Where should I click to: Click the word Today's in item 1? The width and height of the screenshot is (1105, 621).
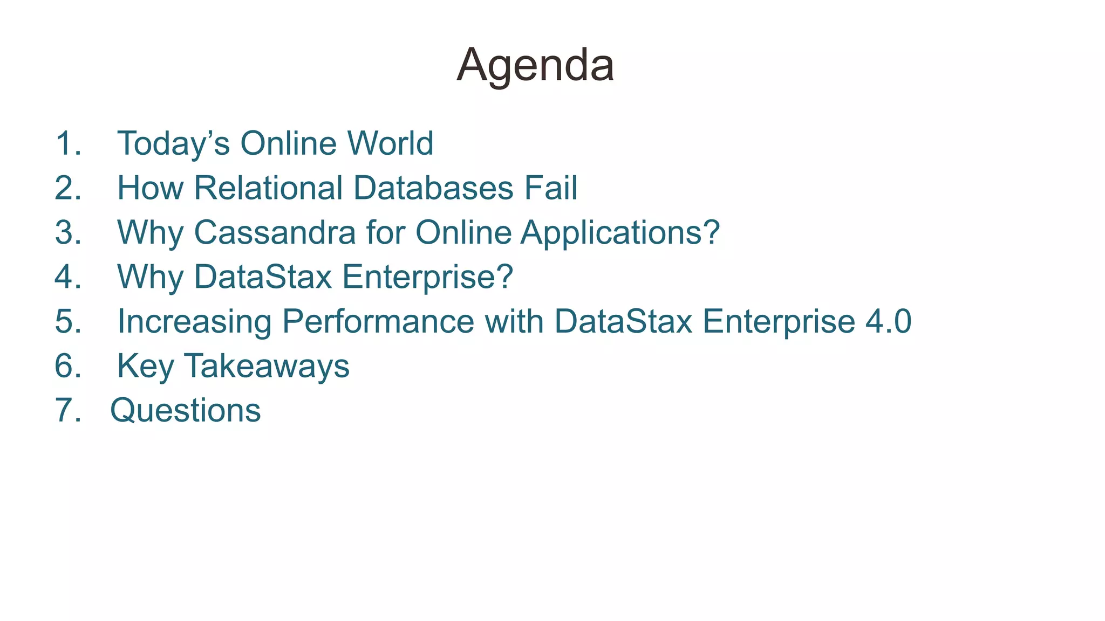pos(173,144)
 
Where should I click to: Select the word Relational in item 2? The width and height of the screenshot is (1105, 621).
pos(268,188)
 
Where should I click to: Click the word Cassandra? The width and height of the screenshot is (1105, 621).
pos(275,233)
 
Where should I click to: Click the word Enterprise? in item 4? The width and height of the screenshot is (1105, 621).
pos(427,277)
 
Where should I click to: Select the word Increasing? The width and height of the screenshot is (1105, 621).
pos(194,322)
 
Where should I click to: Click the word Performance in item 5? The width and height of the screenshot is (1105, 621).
pos(378,322)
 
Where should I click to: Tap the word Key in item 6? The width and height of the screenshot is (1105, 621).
pos(145,367)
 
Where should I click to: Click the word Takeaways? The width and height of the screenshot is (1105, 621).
pos(267,367)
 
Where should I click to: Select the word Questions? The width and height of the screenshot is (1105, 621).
pos(186,411)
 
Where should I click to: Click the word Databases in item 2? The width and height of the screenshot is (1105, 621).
pos(433,188)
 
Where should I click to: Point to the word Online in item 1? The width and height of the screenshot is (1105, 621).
pos(288,143)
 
